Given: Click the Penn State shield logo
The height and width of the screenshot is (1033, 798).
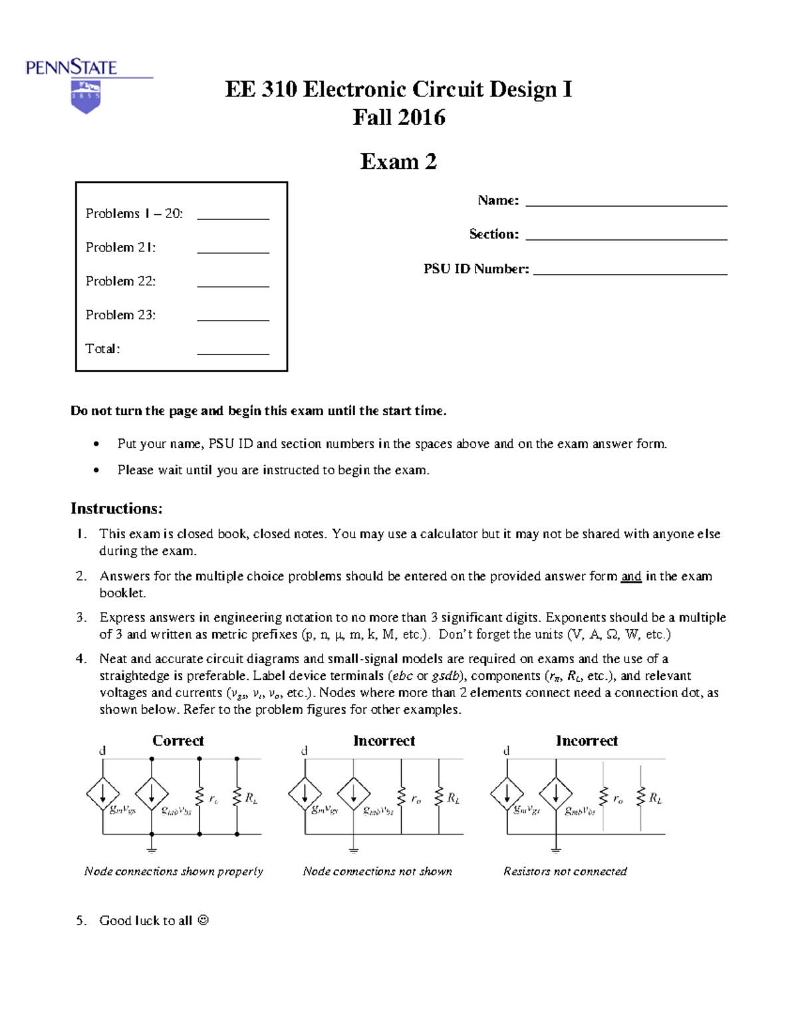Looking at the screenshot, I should (85, 96).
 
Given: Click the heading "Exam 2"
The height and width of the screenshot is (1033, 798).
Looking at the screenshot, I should (398, 162).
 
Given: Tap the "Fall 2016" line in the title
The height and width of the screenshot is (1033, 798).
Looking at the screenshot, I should (398, 118).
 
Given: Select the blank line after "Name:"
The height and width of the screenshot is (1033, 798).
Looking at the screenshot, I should (626, 205).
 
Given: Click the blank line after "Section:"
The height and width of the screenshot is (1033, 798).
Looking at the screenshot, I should (626, 238).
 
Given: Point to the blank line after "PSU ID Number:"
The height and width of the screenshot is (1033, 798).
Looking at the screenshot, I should (630, 273).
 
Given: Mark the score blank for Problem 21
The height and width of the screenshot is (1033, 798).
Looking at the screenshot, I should (233, 251).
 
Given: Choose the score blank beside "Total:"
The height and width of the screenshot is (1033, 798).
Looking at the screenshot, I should (233, 353).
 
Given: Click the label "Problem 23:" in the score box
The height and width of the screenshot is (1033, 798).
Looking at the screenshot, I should (120, 315).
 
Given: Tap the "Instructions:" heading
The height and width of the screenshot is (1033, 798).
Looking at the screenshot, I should (116, 509).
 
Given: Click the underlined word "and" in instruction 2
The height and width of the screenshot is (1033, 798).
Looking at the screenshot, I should (631, 577).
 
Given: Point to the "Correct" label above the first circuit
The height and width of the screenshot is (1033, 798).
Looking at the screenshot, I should (178, 741).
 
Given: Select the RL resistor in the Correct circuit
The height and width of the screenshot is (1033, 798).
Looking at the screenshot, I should (237, 797).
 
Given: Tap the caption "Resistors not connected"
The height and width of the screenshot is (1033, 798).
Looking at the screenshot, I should (565, 871).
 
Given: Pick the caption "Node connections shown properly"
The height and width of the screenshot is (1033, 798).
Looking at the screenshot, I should (174, 871).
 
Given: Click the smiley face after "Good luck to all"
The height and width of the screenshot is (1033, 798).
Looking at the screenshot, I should (203, 921).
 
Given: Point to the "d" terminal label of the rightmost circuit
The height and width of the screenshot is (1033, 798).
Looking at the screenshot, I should (506, 750).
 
